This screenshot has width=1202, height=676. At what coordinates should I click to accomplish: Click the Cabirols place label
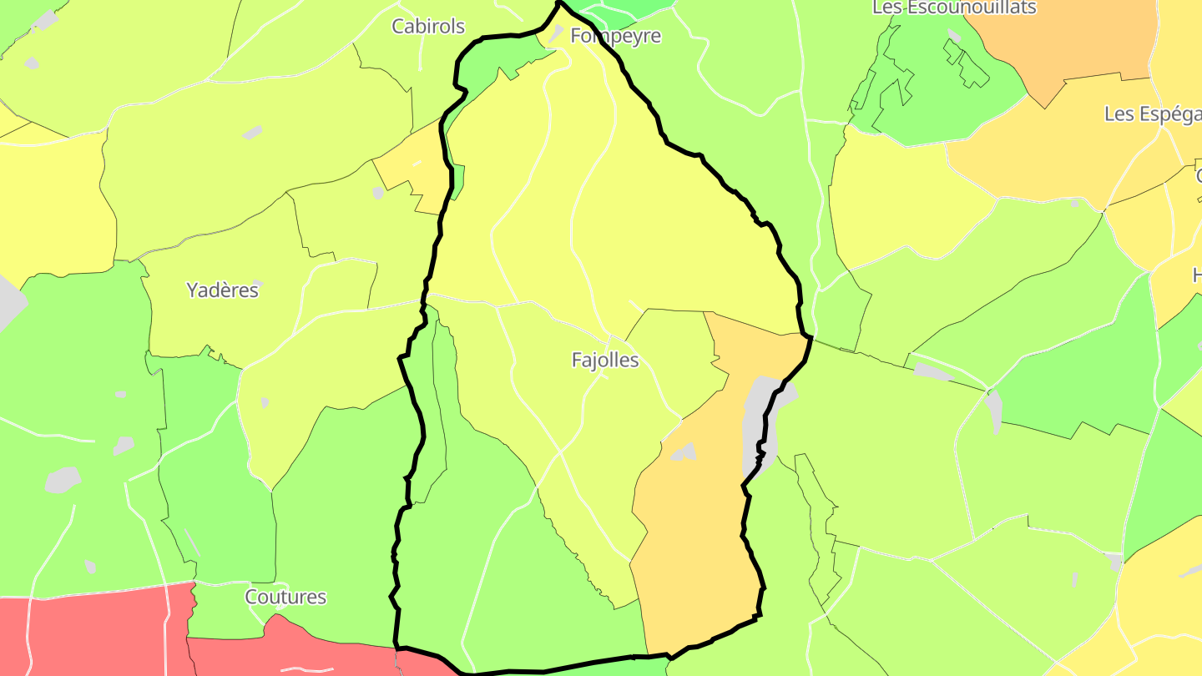pyautogui.click(x=428, y=27)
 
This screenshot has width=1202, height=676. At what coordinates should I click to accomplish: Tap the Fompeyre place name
pyautogui.click(x=615, y=36)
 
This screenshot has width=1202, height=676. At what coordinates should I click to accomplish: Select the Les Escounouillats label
pyautogui.click(x=953, y=8)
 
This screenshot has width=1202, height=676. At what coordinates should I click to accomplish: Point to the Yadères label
pyautogui.click(x=222, y=290)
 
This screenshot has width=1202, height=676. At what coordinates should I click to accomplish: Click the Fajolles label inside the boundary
pyautogui.click(x=605, y=360)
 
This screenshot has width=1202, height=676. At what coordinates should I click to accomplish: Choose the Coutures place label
pyautogui.click(x=285, y=597)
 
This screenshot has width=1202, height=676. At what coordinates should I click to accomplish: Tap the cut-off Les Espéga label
pyautogui.click(x=1152, y=114)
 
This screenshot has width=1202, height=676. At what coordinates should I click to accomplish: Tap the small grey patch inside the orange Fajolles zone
pyautogui.click(x=684, y=452)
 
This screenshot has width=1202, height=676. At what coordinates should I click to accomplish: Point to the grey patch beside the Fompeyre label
pyautogui.click(x=555, y=34)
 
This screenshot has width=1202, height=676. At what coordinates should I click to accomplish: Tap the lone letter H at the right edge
pyautogui.click(x=1196, y=275)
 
